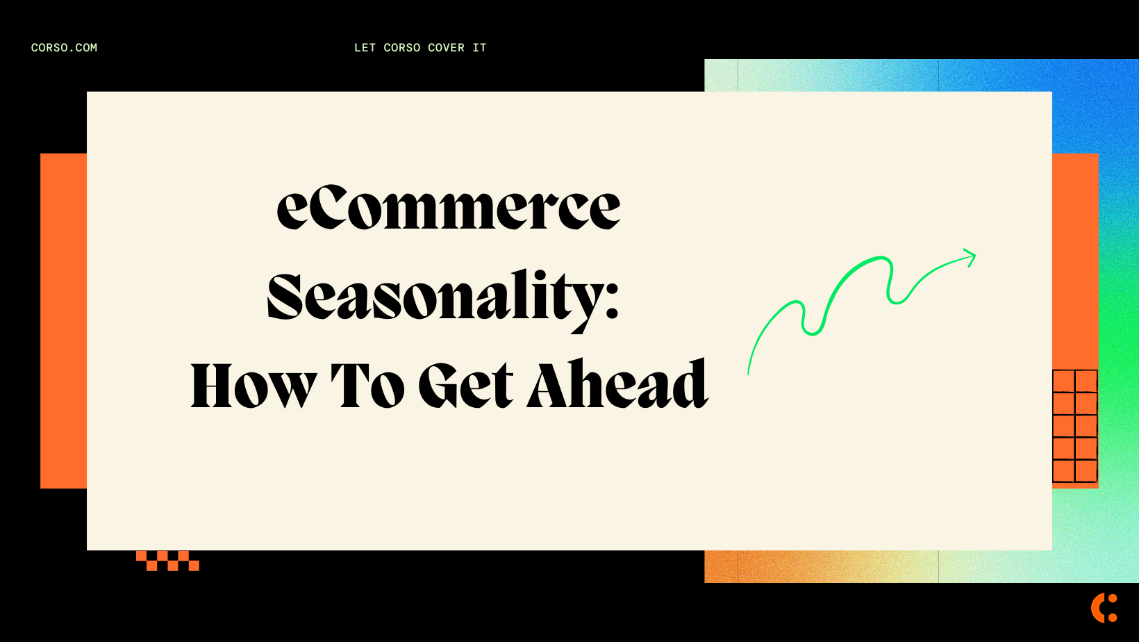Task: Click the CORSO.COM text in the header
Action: tap(64, 48)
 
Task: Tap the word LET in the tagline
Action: tap(365, 48)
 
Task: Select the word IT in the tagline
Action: tap(479, 48)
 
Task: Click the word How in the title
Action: tap(253, 386)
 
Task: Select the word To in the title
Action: tap(367, 386)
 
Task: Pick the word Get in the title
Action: tap(466, 386)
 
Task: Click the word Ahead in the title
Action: tap(617, 385)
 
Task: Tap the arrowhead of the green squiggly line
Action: tap(972, 256)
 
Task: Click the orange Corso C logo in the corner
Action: tap(1103, 607)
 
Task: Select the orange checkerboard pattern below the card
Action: tap(167, 561)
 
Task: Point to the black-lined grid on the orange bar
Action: tap(1074, 426)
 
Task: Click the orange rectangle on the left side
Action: tap(63, 320)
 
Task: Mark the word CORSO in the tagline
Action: tap(402, 48)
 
